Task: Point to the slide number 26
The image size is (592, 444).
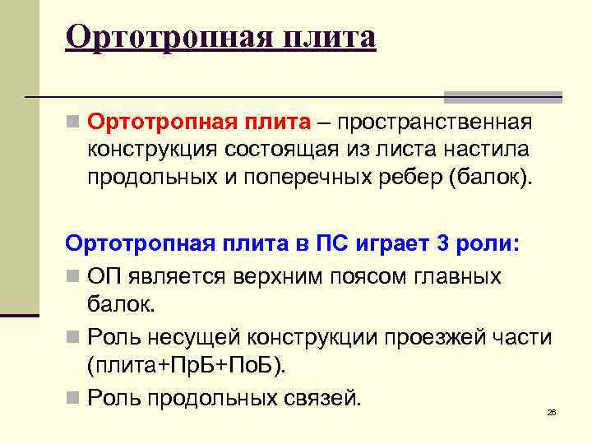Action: [x=552, y=411]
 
